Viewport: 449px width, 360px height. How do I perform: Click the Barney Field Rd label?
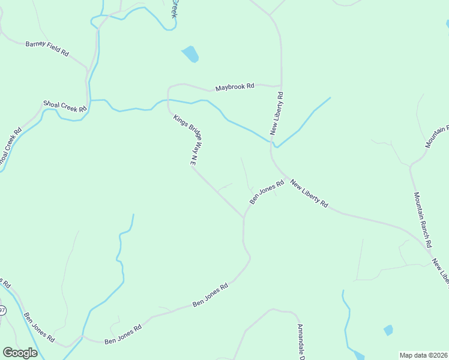pos(47,48)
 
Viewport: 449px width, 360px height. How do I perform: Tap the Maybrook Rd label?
pos(235,87)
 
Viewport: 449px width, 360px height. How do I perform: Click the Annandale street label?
pos(302,342)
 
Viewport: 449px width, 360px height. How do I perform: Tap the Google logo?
pos(20,353)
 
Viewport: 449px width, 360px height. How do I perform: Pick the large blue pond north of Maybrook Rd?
pos(190,54)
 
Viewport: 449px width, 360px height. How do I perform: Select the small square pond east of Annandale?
pos(388,330)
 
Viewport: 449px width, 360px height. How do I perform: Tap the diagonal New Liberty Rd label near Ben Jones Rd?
pos(309,194)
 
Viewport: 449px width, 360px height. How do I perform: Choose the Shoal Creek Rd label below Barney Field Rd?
pos(65,106)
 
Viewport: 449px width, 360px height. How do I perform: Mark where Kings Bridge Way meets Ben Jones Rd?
pos(244,218)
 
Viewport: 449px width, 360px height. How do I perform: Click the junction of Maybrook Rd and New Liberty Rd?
pos(281,85)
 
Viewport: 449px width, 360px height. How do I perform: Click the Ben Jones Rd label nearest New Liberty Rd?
pos(266,192)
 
